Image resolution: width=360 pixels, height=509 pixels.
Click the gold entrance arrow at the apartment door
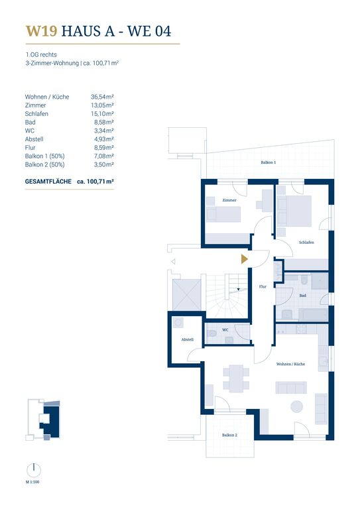[244, 259]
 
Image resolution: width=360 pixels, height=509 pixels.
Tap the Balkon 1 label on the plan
[268, 162]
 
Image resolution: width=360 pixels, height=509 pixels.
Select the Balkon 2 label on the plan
[229, 435]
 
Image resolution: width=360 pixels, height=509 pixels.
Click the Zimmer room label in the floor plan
[229, 200]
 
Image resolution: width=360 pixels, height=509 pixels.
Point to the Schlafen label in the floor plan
[306, 243]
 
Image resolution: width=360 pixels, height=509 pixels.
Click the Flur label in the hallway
[263, 286]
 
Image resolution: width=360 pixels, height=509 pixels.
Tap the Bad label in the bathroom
[302, 296]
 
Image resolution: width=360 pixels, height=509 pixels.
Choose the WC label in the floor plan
[225, 330]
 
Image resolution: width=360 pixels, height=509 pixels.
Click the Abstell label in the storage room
[188, 339]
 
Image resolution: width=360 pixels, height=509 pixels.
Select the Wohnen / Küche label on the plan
[290, 365]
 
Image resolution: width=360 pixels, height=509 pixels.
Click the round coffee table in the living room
[296, 406]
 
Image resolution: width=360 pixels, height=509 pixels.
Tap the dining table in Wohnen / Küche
[236, 378]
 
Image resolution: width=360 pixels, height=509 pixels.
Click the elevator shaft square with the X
[187, 295]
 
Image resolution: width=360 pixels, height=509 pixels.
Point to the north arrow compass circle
[34, 471]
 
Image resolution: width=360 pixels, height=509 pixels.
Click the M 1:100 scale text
[32, 482]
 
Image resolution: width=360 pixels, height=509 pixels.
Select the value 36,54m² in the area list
[102, 97]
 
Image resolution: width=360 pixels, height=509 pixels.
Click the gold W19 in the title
[42, 31]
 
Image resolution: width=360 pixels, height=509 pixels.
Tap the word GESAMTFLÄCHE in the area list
[48, 182]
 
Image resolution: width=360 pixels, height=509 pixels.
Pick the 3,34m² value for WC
[104, 131]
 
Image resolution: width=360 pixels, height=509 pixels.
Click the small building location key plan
[43, 420]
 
